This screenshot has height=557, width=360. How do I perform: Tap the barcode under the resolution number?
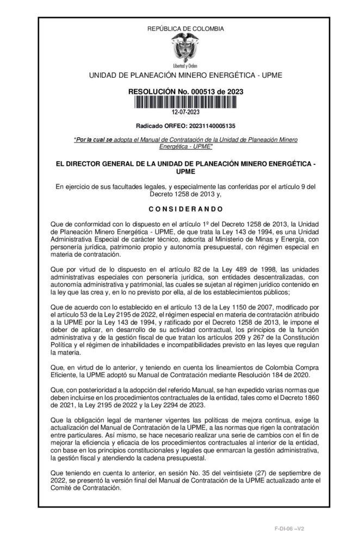[x=185, y=103]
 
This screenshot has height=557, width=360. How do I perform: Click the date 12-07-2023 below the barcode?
[x=185, y=113]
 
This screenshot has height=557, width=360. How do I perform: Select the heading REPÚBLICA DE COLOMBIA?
[x=185, y=28]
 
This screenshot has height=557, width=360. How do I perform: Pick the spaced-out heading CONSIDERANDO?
[x=185, y=209]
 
